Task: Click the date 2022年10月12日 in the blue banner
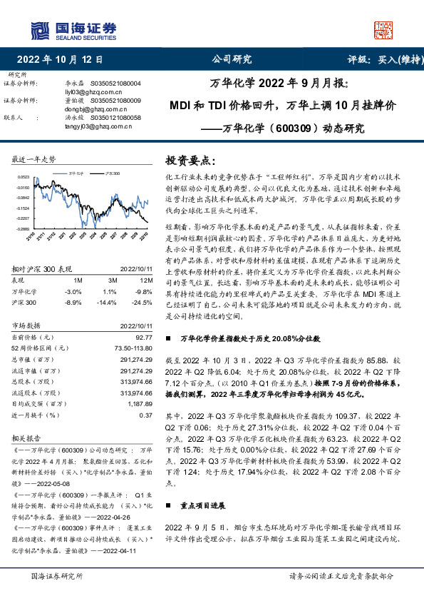pyautogui.click(x=60, y=60)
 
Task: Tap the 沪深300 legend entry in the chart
pyautogui.click(x=111, y=172)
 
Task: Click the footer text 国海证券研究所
pyautogui.click(x=58, y=575)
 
